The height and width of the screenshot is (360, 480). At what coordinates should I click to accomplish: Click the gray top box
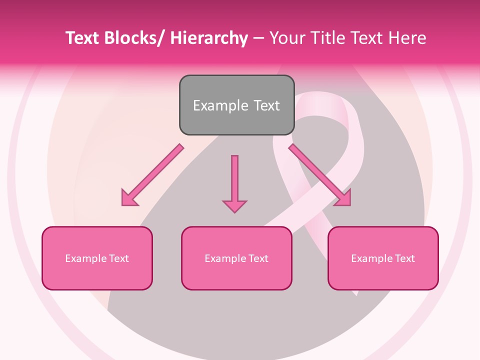coord(236,105)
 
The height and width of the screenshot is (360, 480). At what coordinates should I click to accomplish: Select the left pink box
coord(97,258)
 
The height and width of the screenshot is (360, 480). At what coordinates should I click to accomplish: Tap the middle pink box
coord(236,258)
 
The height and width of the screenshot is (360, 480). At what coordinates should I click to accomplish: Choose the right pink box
coord(383,258)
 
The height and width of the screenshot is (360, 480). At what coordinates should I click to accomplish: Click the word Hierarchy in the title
coord(209,38)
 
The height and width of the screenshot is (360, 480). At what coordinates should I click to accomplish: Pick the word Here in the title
coord(406,38)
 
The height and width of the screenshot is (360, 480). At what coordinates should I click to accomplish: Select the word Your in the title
coord(286,38)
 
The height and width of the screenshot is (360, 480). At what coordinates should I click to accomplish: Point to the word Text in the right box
coord(405,258)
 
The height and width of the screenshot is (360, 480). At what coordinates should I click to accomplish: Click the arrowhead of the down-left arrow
coord(129,198)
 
